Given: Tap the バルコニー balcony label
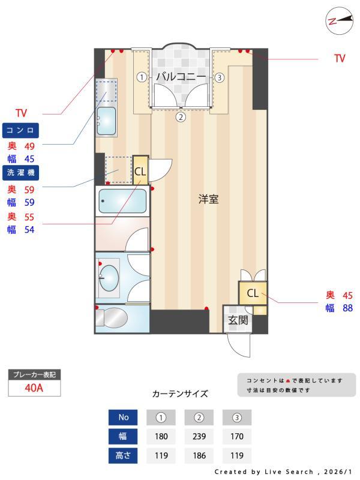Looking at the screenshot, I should point(181,77).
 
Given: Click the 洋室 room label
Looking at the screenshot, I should point(208,200).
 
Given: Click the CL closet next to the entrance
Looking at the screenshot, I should point(253,293).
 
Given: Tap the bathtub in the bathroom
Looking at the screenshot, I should point(122,201).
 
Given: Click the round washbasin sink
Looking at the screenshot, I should point(109,278).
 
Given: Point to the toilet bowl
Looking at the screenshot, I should point(113,318).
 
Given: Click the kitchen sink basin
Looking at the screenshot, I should point(107,121).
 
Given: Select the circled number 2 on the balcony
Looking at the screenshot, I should point(181,117).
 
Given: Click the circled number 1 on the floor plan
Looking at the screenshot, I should point(141,77).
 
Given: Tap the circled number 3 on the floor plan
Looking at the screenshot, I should point(220,77).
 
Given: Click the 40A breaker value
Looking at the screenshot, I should point(34,387).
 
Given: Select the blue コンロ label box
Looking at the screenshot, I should point(22,130).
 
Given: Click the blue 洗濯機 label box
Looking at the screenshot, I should point(22,173).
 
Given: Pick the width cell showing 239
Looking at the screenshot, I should point(199,436).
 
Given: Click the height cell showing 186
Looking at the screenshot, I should point(199,455).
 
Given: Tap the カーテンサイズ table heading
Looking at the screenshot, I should point(180,394).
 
